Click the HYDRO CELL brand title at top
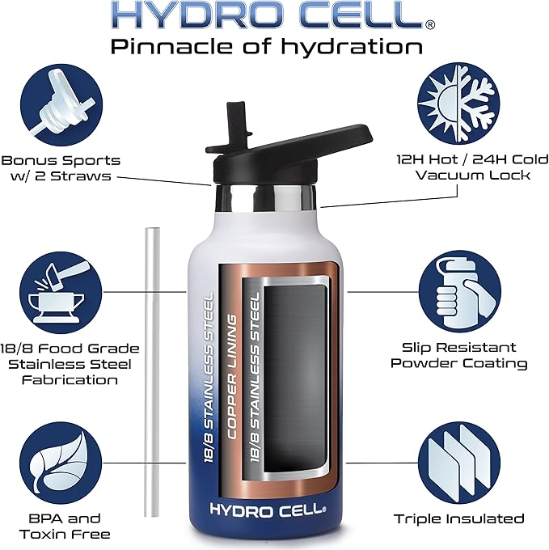coord(266,15)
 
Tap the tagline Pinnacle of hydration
coord(266,46)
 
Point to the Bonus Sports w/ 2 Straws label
coord(61,168)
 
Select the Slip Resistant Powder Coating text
coord(458,354)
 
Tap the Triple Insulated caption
coord(458,518)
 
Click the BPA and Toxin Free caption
coord(63,526)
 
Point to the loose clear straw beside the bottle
coord(152,380)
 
